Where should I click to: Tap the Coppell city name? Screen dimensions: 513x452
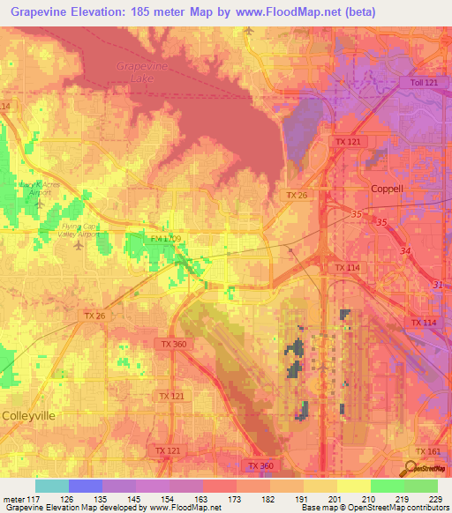point(385,189)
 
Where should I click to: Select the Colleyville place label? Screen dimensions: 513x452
point(29,414)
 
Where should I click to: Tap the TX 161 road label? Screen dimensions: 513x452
point(428,451)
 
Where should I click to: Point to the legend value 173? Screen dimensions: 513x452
point(236,499)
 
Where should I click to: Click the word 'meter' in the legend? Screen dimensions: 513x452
point(13,499)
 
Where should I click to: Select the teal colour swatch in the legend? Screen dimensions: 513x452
point(52,486)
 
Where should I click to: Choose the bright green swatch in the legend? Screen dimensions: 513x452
point(387,486)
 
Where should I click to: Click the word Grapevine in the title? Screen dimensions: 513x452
point(42,11)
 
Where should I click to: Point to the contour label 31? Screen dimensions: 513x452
point(439,283)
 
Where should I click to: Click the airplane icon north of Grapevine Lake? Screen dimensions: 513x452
point(248,31)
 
